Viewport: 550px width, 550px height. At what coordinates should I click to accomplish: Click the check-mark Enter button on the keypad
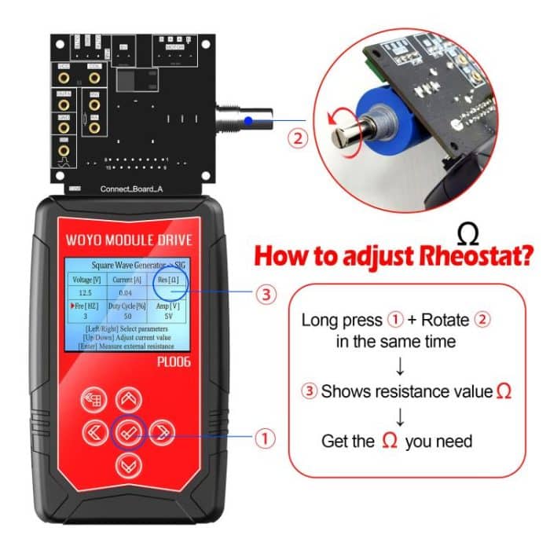[128, 431]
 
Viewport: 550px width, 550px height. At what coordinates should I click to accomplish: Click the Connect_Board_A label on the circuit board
[131, 189]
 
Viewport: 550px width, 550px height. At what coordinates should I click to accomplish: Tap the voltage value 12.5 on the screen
[85, 292]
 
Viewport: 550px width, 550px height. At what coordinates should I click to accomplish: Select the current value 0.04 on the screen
[126, 292]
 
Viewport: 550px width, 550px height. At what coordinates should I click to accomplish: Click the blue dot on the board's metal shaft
[248, 120]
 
